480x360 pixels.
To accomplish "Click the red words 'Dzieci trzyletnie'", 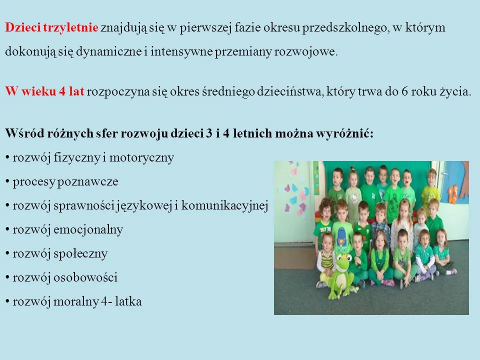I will pyautogui.click(x=51, y=28).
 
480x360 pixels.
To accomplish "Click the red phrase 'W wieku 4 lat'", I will pyautogui.click(x=45, y=92).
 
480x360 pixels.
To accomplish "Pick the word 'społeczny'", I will pyautogui.click(x=85, y=253).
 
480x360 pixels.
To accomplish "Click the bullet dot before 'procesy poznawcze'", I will pyautogui.click(x=7, y=182).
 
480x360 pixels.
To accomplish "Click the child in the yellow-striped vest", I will pyautogui.click(x=326, y=255).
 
